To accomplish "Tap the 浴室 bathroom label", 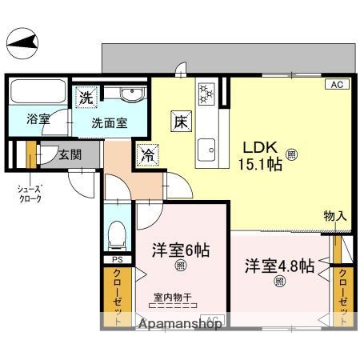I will coord(38,119).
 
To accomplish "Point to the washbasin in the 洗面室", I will coord(131,96).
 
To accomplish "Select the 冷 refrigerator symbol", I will coord(147,152).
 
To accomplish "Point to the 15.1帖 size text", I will coord(262,165).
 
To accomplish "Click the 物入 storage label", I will coord(334,215).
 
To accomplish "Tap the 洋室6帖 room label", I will coord(181,250).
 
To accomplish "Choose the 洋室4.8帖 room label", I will coord(279,266).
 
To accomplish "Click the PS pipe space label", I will coord(117,259).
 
